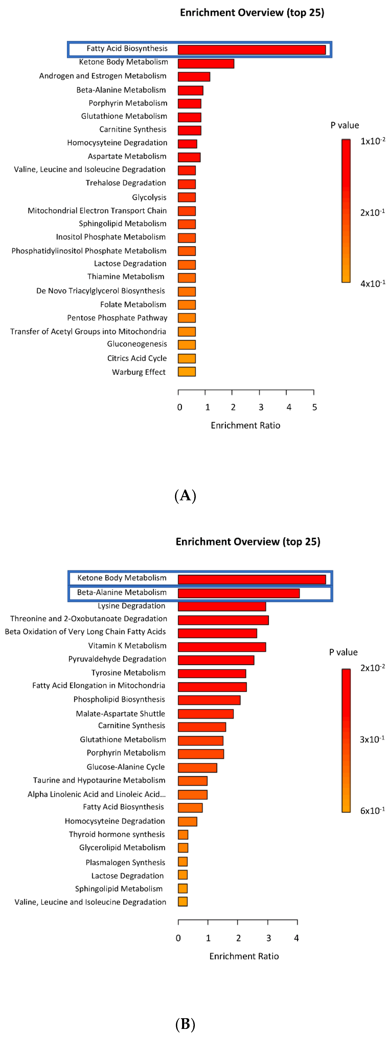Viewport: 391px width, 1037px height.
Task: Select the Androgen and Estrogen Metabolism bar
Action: (x=194, y=76)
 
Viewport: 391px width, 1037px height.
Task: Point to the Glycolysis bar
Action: (x=187, y=197)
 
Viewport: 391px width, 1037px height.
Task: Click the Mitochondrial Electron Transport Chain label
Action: (x=97, y=211)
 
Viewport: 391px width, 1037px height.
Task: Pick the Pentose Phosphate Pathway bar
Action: (x=187, y=318)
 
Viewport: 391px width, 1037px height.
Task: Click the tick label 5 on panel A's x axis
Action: (x=314, y=407)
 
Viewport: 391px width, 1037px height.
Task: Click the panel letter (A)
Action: (x=185, y=496)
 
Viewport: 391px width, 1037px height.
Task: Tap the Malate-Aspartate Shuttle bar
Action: (x=206, y=714)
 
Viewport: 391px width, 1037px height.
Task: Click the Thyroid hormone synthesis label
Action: (x=117, y=834)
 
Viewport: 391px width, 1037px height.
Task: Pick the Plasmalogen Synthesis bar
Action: (x=183, y=861)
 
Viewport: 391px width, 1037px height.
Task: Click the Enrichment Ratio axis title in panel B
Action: (x=244, y=956)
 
